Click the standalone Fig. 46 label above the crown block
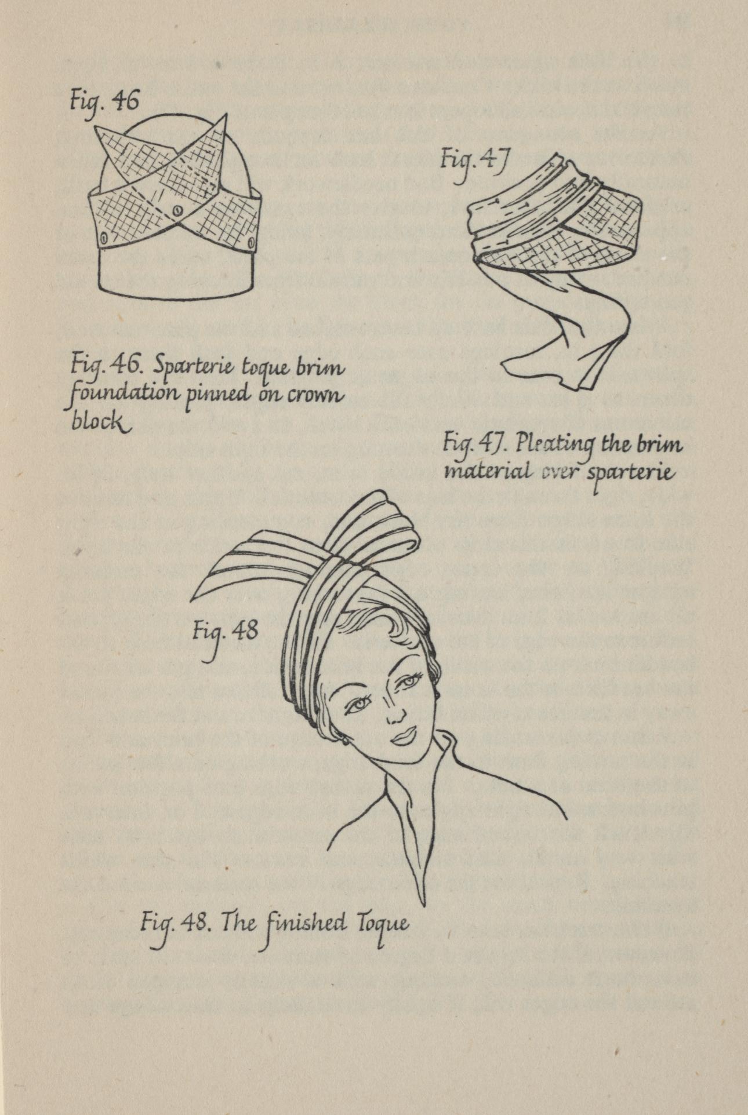pyautogui.click(x=104, y=102)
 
